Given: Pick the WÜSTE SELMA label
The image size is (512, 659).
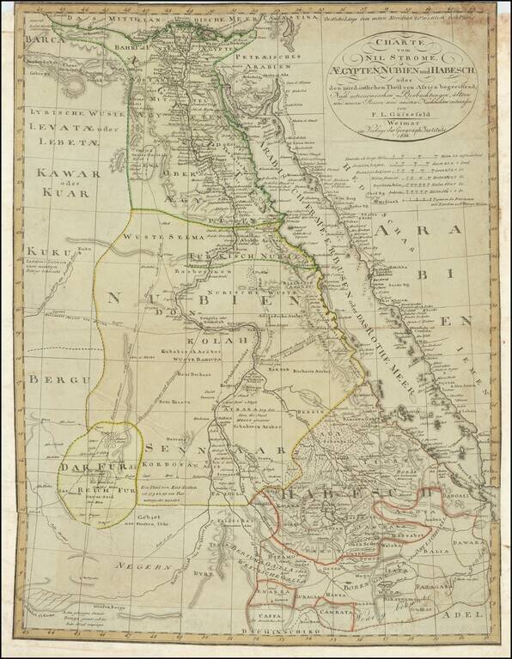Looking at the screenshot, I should [x=154, y=236].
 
